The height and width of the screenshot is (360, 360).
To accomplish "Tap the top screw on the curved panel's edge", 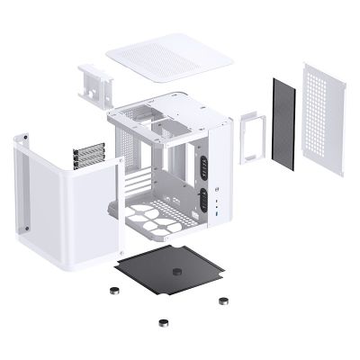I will (x=25, y=137).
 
